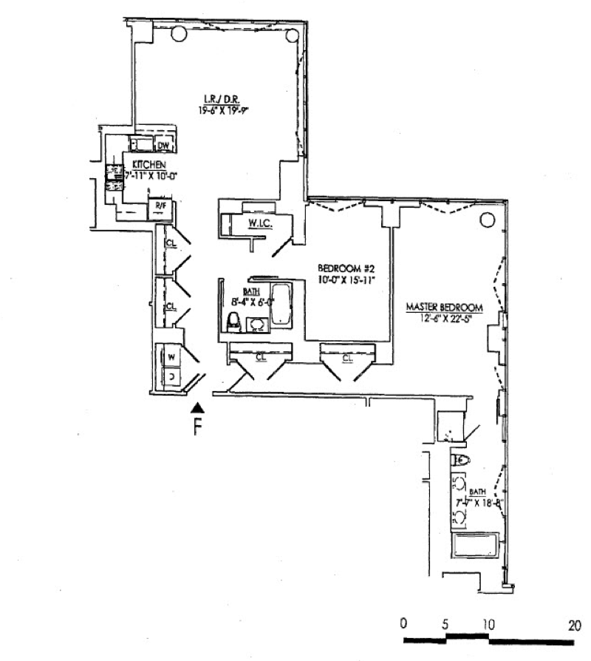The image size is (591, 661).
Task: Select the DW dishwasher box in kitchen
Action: pyautogui.click(x=164, y=145)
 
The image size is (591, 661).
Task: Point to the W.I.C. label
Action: pyautogui.click(x=256, y=222)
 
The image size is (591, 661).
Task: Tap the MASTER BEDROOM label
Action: pyautogui.click(x=444, y=307)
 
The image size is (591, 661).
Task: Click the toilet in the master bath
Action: pyautogui.click(x=461, y=460)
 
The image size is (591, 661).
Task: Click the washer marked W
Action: pyautogui.click(x=171, y=357)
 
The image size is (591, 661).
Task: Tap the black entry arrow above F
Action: pyautogui.click(x=197, y=407)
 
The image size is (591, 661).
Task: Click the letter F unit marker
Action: pyautogui.click(x=197, y=427)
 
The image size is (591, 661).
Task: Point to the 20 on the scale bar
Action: pyautogui.click(x=575, y=624)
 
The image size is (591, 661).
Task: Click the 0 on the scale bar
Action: pyautogui.click(x=403, y=624)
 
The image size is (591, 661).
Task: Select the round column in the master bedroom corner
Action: pyautogui.click(x=487, y=220)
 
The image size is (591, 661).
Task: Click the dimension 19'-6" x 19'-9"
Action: pyautogui.click(x=221, y=110)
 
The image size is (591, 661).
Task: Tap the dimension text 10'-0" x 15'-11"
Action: pyautogui.click(x=343, y=278)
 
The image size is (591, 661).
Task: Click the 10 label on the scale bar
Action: pyautogui.click(x=487, y=624)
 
